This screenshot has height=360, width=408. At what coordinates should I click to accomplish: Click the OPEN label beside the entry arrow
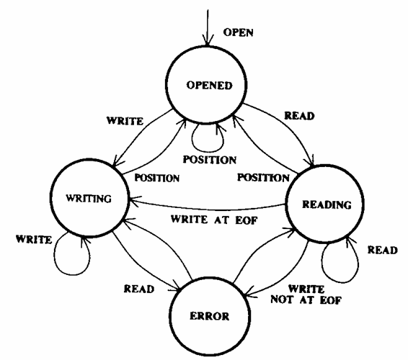tap(238, 32)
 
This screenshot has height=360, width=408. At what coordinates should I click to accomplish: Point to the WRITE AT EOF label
tap(214, 220)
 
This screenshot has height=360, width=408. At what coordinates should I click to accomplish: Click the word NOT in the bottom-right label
tap(283, 300)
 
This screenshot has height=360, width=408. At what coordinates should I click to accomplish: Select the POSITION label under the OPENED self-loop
tap(210, 160)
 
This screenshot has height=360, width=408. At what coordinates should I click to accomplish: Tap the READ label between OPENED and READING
tap(299, 116)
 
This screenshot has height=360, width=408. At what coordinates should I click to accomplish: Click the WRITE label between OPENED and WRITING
tap(125, 121)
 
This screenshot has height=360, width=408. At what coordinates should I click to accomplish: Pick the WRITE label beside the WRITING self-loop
tap(34, 239)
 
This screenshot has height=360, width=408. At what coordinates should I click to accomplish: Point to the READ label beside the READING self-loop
tap(382, 250)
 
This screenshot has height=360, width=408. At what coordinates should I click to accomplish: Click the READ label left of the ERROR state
tap(139, 289)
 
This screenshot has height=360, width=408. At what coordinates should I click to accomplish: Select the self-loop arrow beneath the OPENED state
tap(208, 151)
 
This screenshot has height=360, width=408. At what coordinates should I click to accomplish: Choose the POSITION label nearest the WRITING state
tap(157, 178)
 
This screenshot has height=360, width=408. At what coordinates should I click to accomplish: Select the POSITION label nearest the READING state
tap(263, 178)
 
